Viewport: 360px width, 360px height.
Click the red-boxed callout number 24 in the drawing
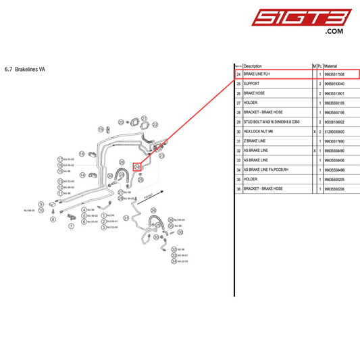point(136,166)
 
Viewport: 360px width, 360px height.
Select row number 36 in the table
point(238,189)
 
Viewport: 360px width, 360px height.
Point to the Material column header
point(335,66)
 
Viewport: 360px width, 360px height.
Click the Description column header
point(253,66)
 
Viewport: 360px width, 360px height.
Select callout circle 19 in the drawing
point(101,129)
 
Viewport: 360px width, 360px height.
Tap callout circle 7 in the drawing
point(71,227)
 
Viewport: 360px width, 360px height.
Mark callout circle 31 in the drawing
point(126,218)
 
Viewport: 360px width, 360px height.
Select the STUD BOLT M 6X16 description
point(272,122)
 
